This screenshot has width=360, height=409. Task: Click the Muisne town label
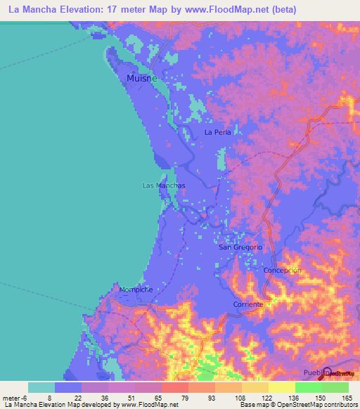(x=141, y=79)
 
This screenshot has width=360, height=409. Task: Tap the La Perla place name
(x=217, y=131)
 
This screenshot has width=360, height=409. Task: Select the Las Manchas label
(x=163, y=186)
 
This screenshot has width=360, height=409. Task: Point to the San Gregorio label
(x=240, y=247)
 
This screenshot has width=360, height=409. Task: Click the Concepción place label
(x=282, y=271)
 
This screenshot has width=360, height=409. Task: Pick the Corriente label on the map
(x=248, y=304)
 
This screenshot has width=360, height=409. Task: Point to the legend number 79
(x=186, y=398)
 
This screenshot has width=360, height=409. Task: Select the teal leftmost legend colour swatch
(x=41, y=387)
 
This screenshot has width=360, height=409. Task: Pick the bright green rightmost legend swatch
(x=335, y=387)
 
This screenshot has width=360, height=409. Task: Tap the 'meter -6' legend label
(x=15, y=398)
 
